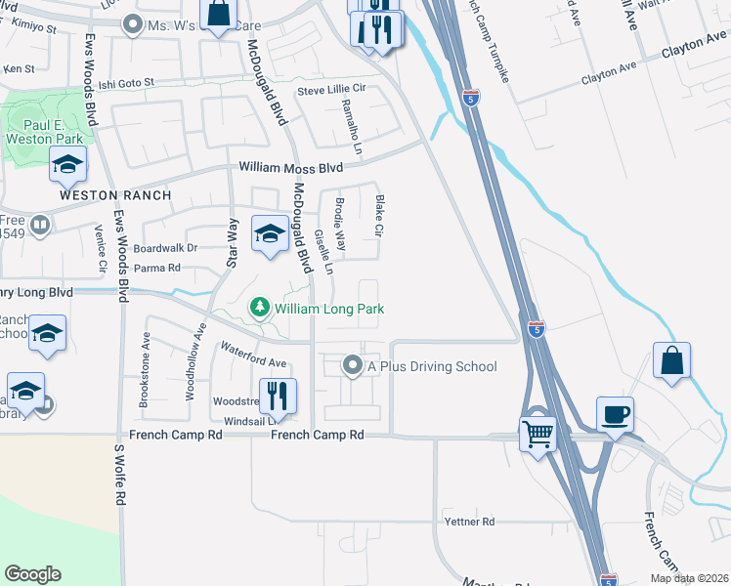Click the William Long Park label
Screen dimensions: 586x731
click(x=329, y=309)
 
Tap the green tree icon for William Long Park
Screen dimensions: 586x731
click(x=260, y=309)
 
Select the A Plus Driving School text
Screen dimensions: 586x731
click(x=432, y=367)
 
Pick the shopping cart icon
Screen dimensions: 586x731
click(x=537, y=433)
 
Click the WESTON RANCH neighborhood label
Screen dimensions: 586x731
click(x=115, y=195)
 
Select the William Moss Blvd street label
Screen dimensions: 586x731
click(x=291, y=168)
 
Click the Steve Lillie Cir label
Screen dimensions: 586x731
click(x=331, y=90)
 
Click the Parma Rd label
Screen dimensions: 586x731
click(x=157, y=268)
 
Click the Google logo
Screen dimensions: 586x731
click(x=32, y=574)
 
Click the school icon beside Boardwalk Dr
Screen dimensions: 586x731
click(x=270, y=234)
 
